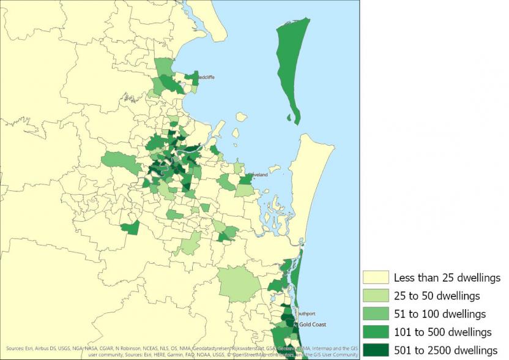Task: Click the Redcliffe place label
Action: coord(205,77)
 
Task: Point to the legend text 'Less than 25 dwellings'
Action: coord(447,278)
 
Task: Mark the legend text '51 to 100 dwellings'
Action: coord(440,314)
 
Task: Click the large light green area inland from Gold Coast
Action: coord(240,283)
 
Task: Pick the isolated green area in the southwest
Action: coord(131,228)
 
